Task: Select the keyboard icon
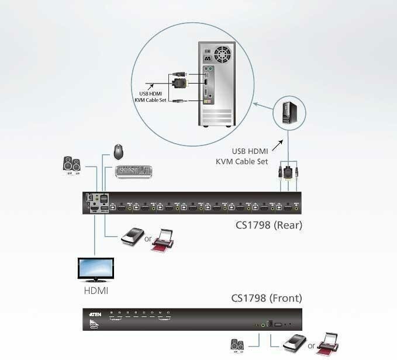[x=133, y=171]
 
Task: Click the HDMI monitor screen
[x=96, y=269]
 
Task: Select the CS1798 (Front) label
[x=266, y=298]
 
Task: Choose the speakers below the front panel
[x=237, y=345]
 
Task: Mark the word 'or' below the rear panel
[x=148, y=238]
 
